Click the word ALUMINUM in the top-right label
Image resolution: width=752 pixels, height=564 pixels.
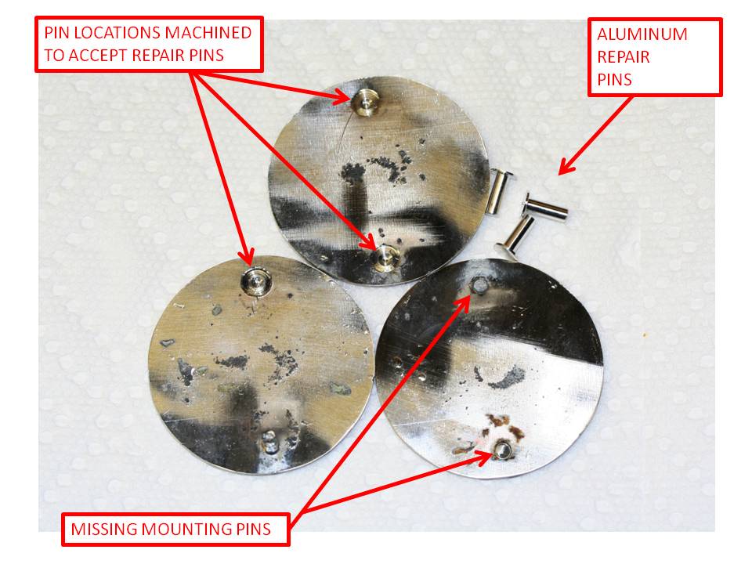click(x=642, y=34)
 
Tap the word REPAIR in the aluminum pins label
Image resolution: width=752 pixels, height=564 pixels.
click(x=624, y=57)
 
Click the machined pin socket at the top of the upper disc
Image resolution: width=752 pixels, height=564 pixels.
click(x=364, y=98)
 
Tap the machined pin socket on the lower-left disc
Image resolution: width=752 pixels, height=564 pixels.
click(x=255, y=280)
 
